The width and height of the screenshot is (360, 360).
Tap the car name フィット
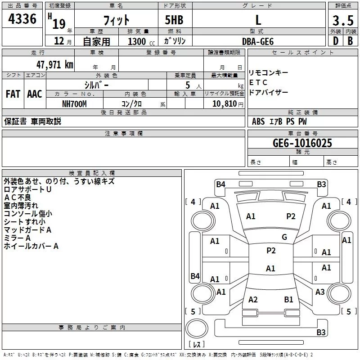(x=117, y=19)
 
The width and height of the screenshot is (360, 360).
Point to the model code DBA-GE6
(x=258, y=40)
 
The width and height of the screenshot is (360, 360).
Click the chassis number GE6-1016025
(x=302, y=143)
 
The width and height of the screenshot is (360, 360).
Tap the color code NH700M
(x=74, y=103)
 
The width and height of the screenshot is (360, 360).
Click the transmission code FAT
(x=13, y=94)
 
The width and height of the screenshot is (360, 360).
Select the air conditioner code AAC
(x=34, y=94)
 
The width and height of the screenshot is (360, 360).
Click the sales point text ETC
(x=258, y=82)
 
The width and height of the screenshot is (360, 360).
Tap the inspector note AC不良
(x=18, y=198)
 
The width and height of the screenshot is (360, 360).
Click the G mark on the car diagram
(x=284, y=237)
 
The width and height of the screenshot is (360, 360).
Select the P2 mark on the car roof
(x=271, y=251)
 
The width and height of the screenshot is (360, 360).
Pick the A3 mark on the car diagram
(x=320, y=292)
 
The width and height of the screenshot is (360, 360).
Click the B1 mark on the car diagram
(x=288, y=299)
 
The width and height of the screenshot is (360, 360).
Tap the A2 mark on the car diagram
(x=253, y=299)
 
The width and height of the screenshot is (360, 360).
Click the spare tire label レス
(x=197, y=345)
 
